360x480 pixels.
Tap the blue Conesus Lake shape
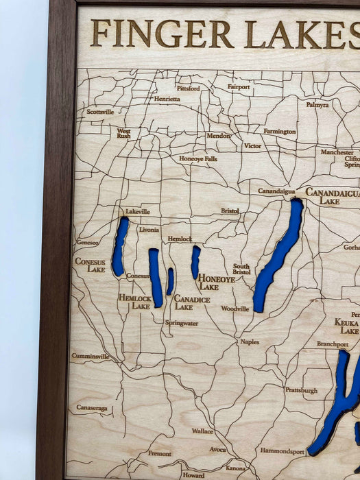[120, 247]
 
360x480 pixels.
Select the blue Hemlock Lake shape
[156, 277]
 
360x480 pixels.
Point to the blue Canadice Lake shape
[170, 281]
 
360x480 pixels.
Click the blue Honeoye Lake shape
[195, 262]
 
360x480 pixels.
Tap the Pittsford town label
[188, 88]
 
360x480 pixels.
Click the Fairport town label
[239, 87]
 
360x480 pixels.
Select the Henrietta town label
[167, 99]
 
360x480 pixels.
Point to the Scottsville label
[100, 112]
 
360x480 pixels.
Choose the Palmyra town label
[317, 105]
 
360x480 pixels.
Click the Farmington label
[280, 131]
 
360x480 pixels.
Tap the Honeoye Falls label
[198, 158]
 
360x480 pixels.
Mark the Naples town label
[250, 341]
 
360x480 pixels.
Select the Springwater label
[182, 322]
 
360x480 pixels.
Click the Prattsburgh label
[301, 390]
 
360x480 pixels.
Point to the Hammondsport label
[282, 451]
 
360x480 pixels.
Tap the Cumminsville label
[91, 357]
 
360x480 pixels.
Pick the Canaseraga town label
[92, 408]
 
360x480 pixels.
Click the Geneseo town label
[87, 243]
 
